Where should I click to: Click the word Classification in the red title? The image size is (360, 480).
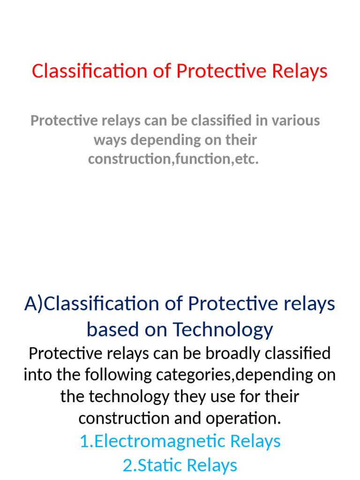(x=90, y=71)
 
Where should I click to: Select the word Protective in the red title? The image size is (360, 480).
(x=220, y=71)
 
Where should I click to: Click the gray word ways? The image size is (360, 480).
(x=111, y=140)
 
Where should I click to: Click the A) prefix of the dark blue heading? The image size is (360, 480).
(x=34, y=304)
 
